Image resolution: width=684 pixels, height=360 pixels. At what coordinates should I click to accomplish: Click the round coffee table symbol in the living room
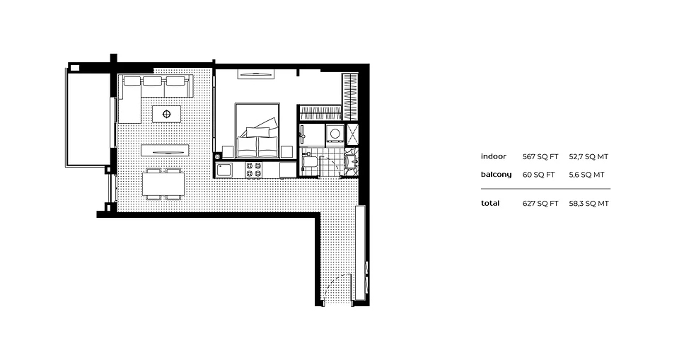pos(167,113)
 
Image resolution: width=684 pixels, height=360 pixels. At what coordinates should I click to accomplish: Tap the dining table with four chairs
pos(163,183)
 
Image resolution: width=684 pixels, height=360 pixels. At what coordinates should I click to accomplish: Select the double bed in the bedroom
pos(257,130)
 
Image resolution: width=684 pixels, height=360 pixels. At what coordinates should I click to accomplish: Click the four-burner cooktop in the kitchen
pos(253,170)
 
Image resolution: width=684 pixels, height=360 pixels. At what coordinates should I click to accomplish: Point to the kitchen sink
pos(224,170)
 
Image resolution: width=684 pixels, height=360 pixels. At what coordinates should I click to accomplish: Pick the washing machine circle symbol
pos(332,132)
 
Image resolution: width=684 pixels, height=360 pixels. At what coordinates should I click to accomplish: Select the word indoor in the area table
pos(493,156)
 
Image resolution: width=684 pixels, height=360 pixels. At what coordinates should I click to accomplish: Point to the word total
pos(490,203)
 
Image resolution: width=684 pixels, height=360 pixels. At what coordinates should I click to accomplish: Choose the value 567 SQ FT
pos(540,156)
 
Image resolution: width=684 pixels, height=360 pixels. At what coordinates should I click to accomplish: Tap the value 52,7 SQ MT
pos(589,156)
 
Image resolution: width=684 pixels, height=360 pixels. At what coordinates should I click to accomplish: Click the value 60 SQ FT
pos(538,174)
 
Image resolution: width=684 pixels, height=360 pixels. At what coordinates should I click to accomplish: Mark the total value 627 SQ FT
pos(540,203)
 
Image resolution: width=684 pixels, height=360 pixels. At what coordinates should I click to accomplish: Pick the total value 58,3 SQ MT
pos(589,203)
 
